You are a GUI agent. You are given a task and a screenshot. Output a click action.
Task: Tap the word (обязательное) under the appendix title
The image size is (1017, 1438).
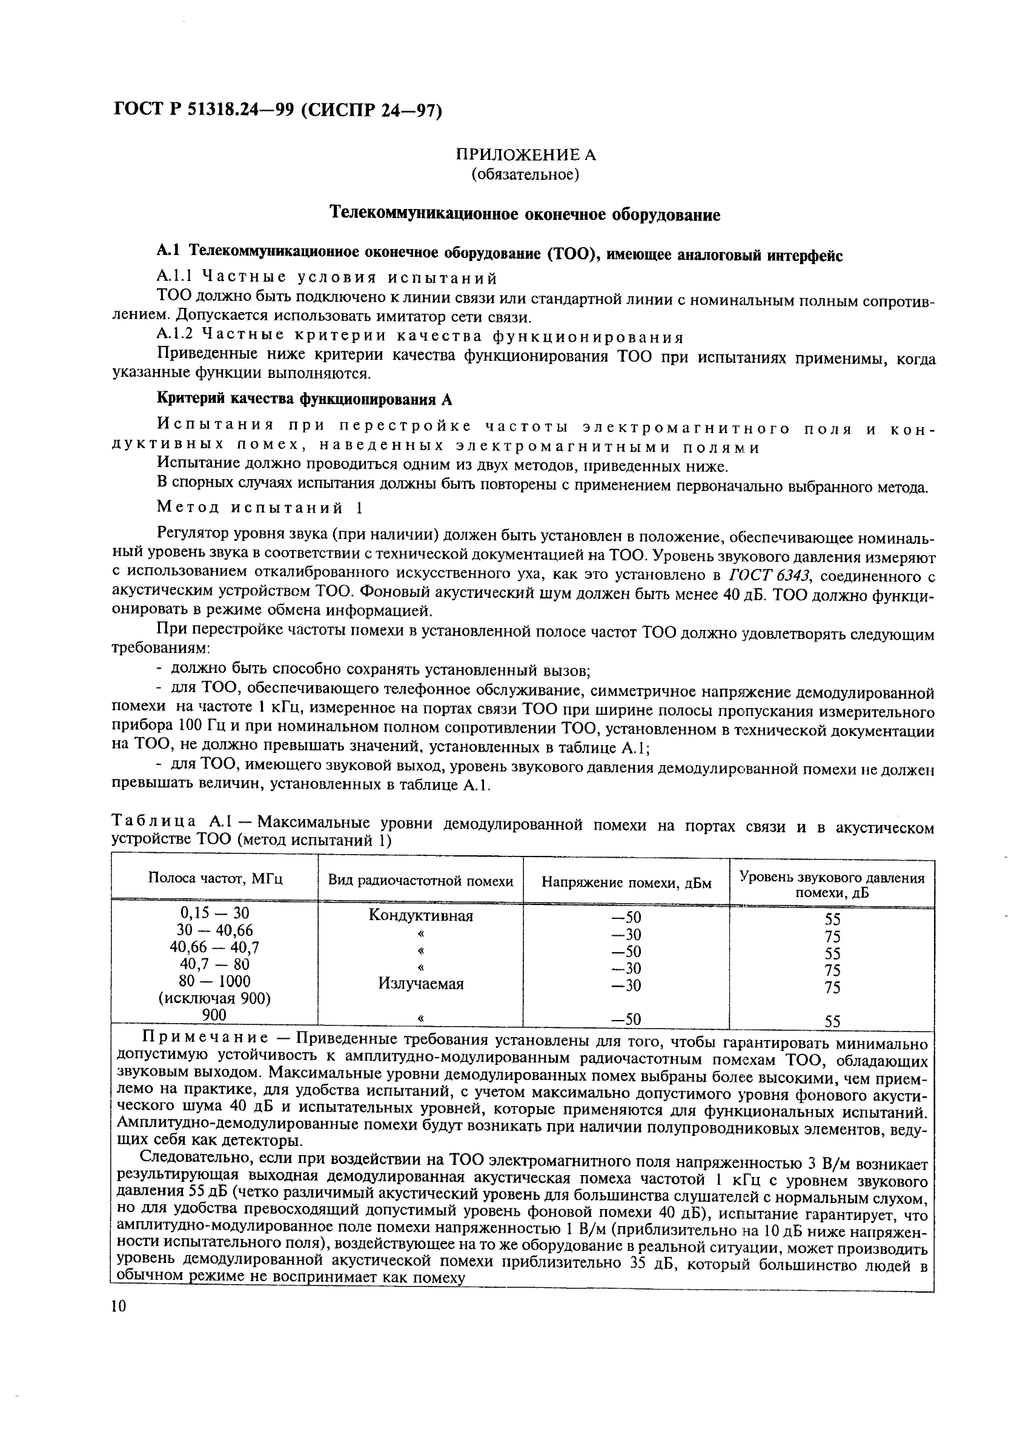pyautogui.click(x=525, y=174)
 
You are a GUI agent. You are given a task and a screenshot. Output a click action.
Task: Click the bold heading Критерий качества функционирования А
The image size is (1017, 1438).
pyautogui.click(x=303, y=399)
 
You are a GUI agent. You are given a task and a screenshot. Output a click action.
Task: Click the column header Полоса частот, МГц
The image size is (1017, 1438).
pyautogui.click(x=215, y=879)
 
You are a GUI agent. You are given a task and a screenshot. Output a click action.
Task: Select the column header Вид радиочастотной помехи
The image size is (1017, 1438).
pyautogui.click(x=420, y=881)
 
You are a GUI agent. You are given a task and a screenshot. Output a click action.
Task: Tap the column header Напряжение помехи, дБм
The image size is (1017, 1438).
pyautogui.click(x=626, y=882)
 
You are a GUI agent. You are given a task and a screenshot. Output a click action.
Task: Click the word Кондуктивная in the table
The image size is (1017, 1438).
pyautogui.click(x=420, y=916)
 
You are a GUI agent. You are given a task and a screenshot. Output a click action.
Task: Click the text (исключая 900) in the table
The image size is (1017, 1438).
pyautogui.click(x=215, y=998)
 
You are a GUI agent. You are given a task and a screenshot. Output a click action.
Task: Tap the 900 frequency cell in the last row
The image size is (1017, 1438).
pyautogui.click(x=215, y=1015)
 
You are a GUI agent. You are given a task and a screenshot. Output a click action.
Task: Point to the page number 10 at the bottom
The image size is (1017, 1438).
pyautogui.click(x=118, y=1305)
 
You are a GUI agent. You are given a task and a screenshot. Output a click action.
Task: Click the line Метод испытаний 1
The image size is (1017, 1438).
pyautogui.click(x=260, y=506)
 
